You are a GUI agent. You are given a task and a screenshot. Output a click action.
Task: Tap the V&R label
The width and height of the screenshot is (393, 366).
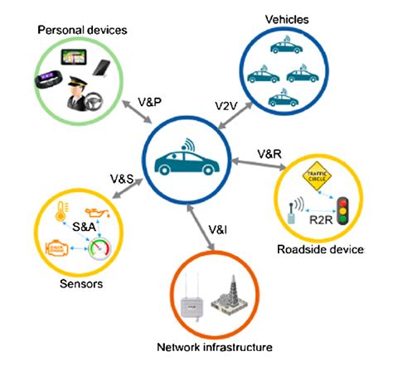[x=269, y=154]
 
